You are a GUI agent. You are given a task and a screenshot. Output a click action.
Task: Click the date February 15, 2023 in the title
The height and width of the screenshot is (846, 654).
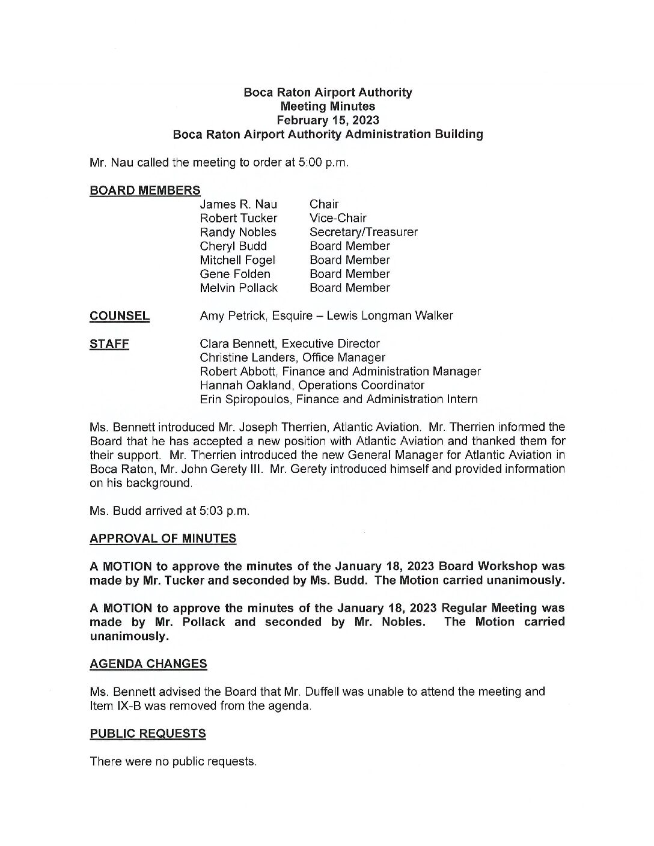click(x=328, y=120)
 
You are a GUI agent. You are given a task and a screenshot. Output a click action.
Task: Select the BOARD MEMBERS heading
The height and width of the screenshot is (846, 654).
click(x=145, y=190)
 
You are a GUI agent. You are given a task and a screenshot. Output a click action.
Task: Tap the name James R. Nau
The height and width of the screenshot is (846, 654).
click(x=239, y=204)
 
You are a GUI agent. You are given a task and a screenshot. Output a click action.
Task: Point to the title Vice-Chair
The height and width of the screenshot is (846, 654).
click(x=338, y=218)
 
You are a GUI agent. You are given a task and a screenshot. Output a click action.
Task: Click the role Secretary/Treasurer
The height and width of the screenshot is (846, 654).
click(x=363, y=232)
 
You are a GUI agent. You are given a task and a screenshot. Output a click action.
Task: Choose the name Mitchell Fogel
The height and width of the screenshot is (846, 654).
click(x=237, y=260)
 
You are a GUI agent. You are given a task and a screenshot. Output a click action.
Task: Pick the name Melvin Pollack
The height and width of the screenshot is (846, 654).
click(x=239, y=288)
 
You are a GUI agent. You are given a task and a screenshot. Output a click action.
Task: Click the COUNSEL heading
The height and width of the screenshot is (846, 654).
click(x=119, y=316)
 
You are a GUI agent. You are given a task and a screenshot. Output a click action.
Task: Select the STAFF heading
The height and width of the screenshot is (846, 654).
click(x=109, y=344)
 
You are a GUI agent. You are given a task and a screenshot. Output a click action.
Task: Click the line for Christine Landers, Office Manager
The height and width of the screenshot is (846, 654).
click(x=292, y=358)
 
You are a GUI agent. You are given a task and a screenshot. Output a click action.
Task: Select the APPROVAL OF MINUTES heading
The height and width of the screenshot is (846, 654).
click(x=163, y=538)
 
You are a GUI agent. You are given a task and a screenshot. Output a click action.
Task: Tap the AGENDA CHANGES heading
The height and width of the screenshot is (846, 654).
click(x=148, y=664)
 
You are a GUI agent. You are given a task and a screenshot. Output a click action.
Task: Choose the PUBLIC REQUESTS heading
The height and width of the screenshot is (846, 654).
click(x=147, y=734)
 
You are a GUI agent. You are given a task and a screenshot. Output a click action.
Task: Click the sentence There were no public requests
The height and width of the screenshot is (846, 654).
click(x=173, y=761)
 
